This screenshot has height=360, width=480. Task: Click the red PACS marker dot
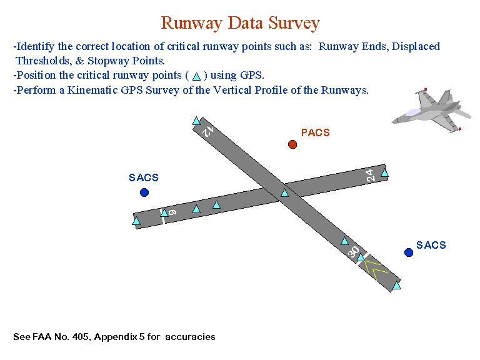click(x=292, y=144)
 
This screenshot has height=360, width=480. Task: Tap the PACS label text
click(x=315, y=132)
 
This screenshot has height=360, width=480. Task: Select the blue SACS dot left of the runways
click(x=144, y=192)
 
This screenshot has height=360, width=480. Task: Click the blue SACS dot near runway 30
click(x=409, y=252)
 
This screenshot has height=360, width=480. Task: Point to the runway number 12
click(x=208, y=131)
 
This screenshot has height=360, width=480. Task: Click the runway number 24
click(x=370, y=176)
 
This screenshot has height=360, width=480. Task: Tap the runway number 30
click(x=353, y=252)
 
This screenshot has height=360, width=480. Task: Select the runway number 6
click(x=172, y=212)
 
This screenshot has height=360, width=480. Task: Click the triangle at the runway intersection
click(x=285, y=193)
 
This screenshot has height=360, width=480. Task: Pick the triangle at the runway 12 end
click(x=196, y=121)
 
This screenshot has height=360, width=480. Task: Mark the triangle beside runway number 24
click(x=384, y=173)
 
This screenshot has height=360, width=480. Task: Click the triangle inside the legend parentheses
click(x=196, y=76)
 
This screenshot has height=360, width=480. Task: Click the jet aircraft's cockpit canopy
click(x=412, y=112)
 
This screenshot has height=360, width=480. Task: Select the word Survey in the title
click(x=294, y=23)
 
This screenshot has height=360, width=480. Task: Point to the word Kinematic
click(x=92, y=90)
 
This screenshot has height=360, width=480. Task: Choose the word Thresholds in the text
click(x=44, y=61)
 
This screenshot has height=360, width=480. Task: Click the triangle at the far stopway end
click(x=396, y=285)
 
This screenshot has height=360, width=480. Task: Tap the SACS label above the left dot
click(x=144, y=177)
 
